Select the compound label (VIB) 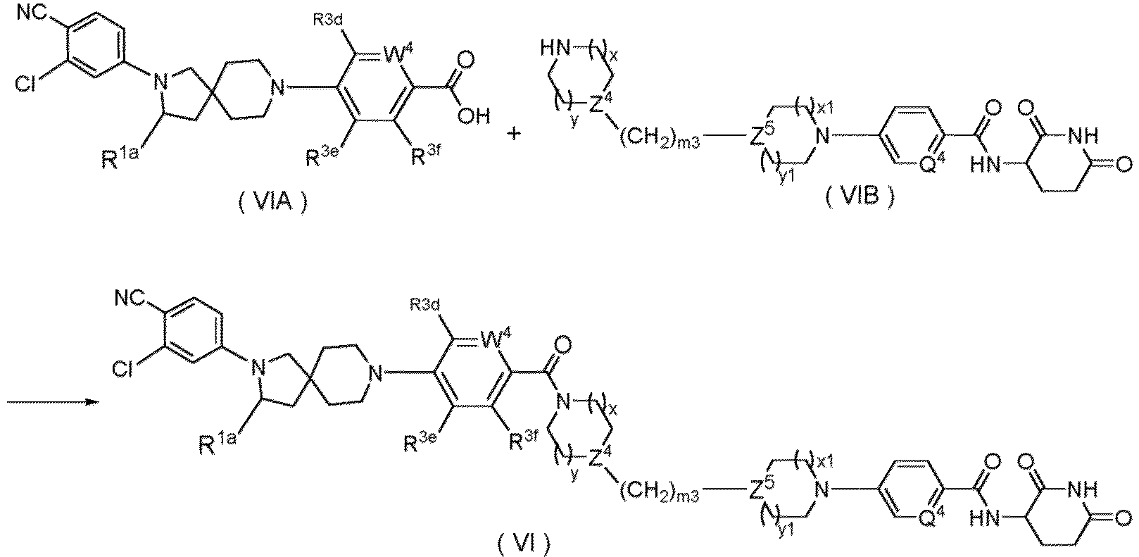859,195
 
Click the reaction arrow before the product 52,402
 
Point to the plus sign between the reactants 514,134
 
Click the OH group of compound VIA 473,115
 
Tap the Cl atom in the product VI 122,368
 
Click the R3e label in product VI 420,442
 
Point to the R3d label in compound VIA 328,20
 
